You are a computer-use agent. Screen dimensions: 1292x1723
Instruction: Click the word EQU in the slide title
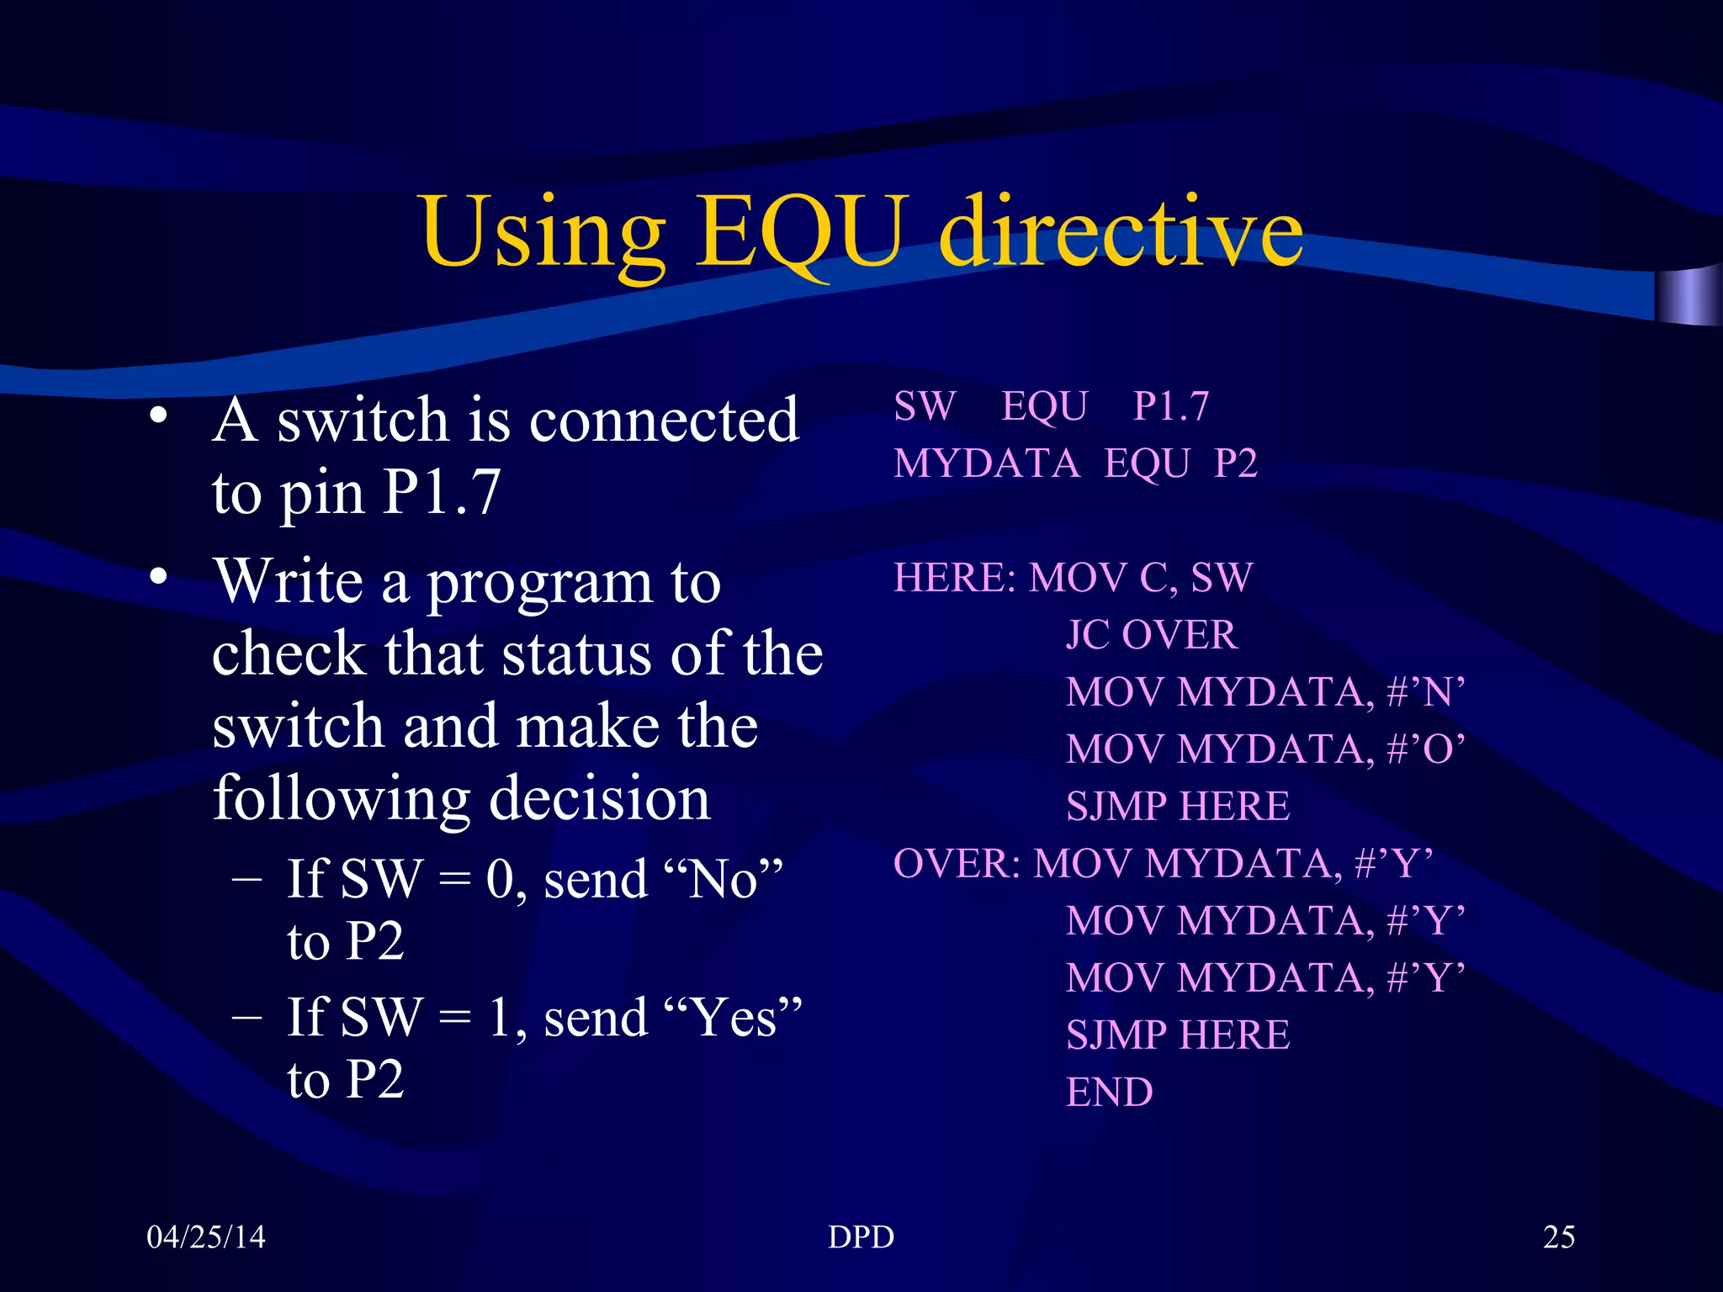pyautogui.click(x=803, y=231)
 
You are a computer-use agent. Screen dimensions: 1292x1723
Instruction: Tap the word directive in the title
pyautogui.click(x=1121, y=231)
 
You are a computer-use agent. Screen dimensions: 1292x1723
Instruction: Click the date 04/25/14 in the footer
pyautogui.click(x=206, y=1236)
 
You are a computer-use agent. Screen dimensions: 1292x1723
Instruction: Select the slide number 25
pyautogui.click(x=1559, y=1236)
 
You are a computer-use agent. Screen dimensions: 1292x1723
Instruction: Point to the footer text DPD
pyautogui.click(x=861, y=1236)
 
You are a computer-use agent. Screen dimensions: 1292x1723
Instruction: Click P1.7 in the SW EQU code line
pyautogui.click(x=1171, y=406)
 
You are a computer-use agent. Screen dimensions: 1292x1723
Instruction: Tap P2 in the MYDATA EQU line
pyautogui.click(x=1236, y=463)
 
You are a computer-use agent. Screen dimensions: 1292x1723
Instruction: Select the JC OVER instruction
pyautogui.click(x=1151, y=635)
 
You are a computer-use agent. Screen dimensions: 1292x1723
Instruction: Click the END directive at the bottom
pyautogui.click(x=1110, y=1093)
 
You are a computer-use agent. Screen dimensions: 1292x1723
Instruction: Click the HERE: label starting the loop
pyautogui.click(x=955, y=578)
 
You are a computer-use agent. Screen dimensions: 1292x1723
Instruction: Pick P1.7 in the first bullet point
pyautogui.click(x=442, y=492)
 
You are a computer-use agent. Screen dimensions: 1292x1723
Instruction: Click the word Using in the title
pyautogui.click(x=543, y=231)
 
